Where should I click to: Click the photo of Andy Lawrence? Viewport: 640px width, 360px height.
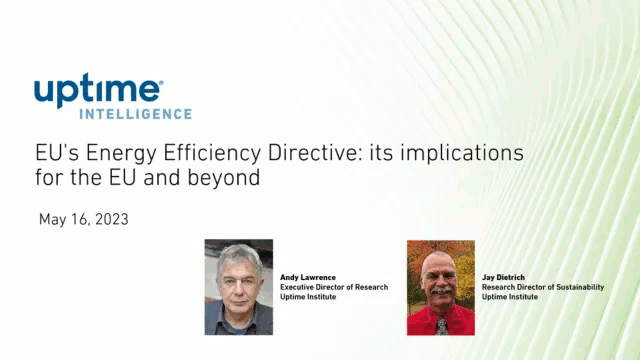pos(238,287)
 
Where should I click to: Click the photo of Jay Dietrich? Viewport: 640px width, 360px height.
pos(441,287)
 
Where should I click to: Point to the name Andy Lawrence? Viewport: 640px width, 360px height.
pos(308,277)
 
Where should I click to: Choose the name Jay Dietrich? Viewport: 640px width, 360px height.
pos(505,277)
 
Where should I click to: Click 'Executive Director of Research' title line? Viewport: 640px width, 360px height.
pos(334,287)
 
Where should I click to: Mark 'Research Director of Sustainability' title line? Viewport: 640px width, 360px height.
pos(543,287)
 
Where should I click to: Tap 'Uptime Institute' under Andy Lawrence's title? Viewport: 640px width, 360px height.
pos(308,297)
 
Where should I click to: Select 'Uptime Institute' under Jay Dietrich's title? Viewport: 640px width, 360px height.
pos(510,297)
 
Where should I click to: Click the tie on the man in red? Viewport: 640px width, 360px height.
pos(441,325)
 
